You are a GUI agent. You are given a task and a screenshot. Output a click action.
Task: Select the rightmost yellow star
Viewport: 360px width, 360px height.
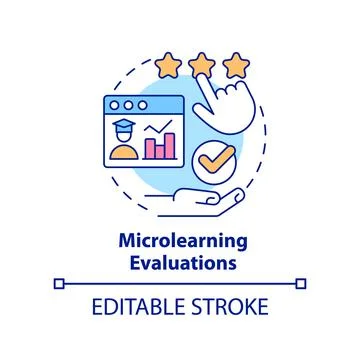[x=236, y=68]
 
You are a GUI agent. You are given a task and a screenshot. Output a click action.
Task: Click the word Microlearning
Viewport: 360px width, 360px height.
[x=180, y=244]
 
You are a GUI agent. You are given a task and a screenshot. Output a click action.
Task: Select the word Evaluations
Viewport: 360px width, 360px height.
[x=180, y=264]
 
